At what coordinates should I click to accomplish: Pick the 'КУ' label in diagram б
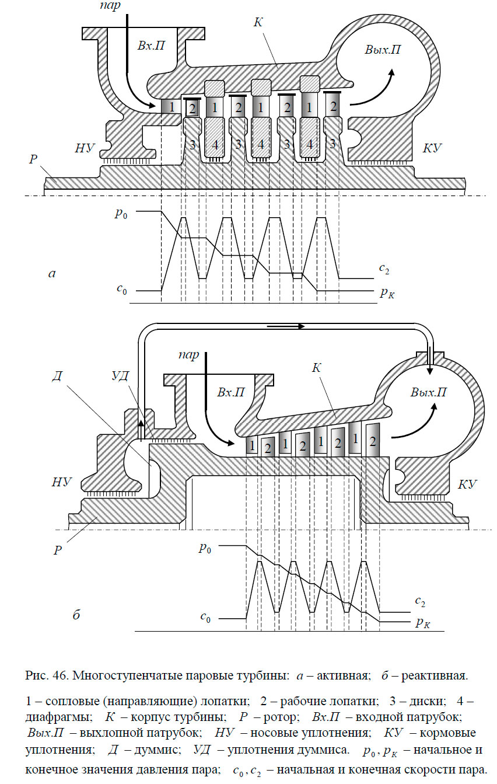468,484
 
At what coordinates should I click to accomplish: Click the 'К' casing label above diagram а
258,23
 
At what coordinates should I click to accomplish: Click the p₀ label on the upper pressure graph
121,214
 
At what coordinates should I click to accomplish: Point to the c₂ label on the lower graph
419,600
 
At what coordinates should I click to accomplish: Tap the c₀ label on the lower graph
205,618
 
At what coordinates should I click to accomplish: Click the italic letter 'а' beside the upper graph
52,273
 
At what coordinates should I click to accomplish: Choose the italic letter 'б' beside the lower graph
76,615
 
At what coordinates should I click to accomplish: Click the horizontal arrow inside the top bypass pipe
286,326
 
